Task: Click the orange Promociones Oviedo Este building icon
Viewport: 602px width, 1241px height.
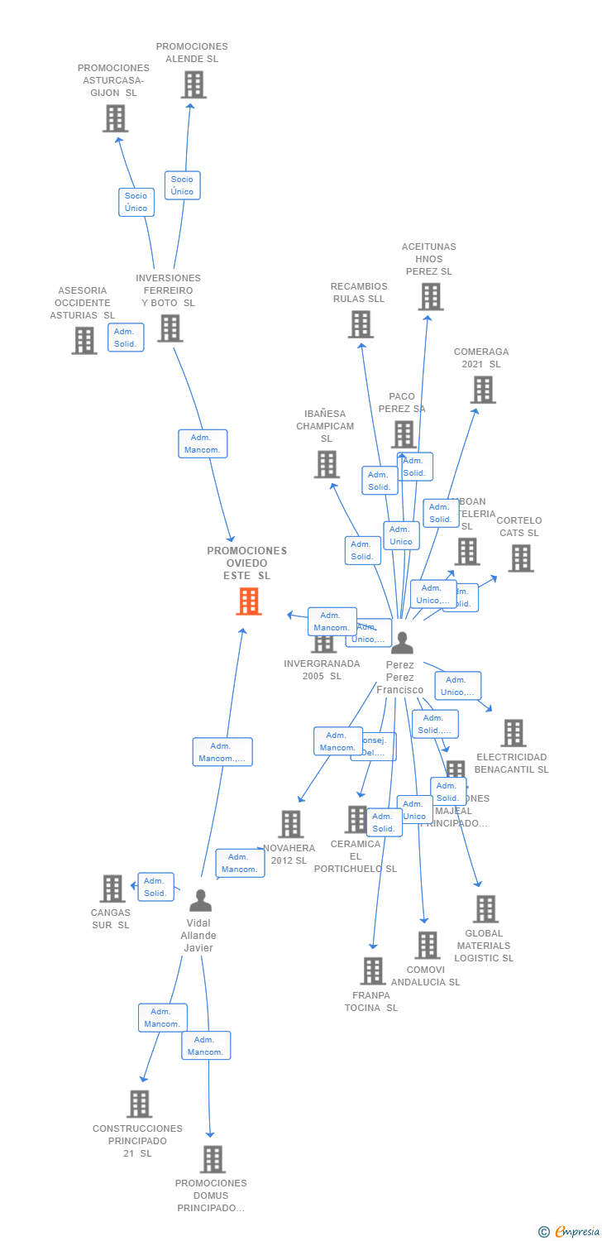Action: tap(249, 601)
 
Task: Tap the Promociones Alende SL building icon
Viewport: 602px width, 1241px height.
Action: tap(193, 84)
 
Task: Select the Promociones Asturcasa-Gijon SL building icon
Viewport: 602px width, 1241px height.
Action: tap(116, 118)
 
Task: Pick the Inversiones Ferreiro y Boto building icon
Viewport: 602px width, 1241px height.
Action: tap(170, 328)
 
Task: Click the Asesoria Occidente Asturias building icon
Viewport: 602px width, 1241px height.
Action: tap(84, 340)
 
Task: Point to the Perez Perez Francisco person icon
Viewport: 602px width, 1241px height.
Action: tap(402, 643)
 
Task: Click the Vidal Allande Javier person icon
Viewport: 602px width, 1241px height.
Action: tap(200, 900)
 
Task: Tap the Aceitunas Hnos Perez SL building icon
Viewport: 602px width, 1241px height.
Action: tap(431, 296)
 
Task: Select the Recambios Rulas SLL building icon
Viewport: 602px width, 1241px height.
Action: tap(361, 324)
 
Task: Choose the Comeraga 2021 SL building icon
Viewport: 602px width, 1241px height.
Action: tap(483, 390)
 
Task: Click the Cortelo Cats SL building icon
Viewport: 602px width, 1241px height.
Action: tap(521, 558)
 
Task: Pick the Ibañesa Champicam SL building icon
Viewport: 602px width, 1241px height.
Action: tap(327, 464)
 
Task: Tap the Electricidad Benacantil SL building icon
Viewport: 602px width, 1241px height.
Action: tap(514, 733)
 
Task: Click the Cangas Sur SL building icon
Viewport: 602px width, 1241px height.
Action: tap(112, 889)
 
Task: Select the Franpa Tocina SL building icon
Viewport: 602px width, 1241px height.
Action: tap(373, 971)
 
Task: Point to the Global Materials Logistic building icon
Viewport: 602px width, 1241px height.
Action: tap(485, 909)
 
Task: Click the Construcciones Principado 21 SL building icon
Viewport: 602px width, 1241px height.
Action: tap(140, 1104)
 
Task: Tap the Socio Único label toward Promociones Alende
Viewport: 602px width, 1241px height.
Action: tap(182, 185)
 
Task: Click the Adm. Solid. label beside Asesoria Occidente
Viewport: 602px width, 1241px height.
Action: tap(126, 338)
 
